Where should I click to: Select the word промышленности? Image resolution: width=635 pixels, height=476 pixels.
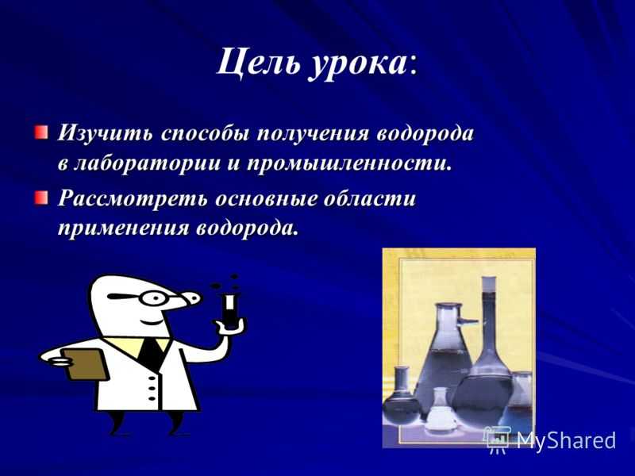[x=347, y=164]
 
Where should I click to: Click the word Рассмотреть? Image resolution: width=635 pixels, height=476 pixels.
[x=133, y=199]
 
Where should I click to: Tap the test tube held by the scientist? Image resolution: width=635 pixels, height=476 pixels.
[x=230, y=310]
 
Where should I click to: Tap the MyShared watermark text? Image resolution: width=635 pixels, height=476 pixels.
[x=566, y=440]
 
